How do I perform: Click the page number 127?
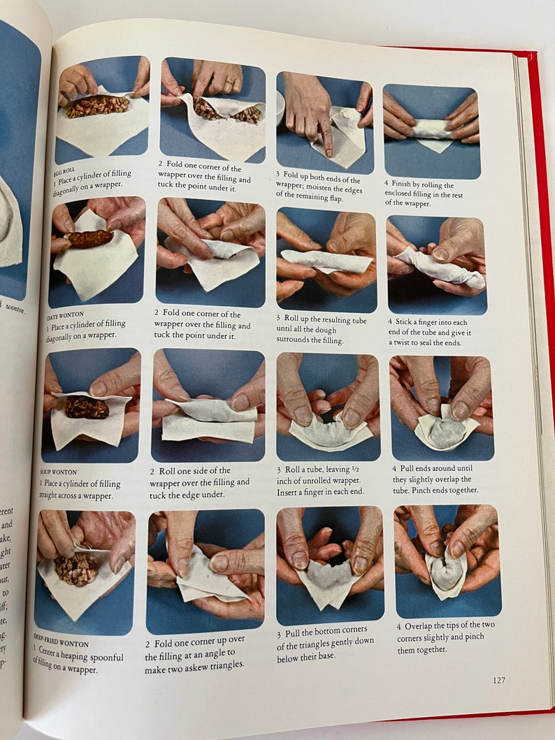(498, 680)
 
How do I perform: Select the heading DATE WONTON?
(65, 317)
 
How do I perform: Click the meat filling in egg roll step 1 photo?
(98, 106)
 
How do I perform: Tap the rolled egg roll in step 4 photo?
(432, 129)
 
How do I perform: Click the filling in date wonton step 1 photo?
(89, 239)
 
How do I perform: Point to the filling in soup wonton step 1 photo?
(87, 407)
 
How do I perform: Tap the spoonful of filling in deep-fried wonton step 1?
(75, 569)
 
